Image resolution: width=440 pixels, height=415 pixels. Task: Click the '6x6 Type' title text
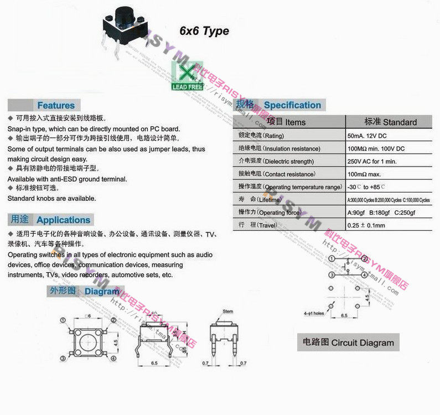point(204,31)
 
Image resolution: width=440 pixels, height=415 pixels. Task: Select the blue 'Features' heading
point(55,105)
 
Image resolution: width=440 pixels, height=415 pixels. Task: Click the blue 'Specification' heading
point(292,105)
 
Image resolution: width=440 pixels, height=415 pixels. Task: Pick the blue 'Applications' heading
point(63,220)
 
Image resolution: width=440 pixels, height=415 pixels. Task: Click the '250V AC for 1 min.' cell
point(372,162)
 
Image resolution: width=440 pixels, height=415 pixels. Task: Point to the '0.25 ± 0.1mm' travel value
point(366,225)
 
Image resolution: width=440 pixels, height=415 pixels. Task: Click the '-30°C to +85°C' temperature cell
point(366,187)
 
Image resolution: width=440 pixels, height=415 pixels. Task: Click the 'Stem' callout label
point(228,312)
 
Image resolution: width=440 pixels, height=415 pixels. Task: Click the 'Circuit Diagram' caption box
point(348,343)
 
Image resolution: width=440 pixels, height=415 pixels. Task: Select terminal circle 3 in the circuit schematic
point(332,275)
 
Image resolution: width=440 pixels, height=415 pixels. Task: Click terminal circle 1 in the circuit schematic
point(332,259)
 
